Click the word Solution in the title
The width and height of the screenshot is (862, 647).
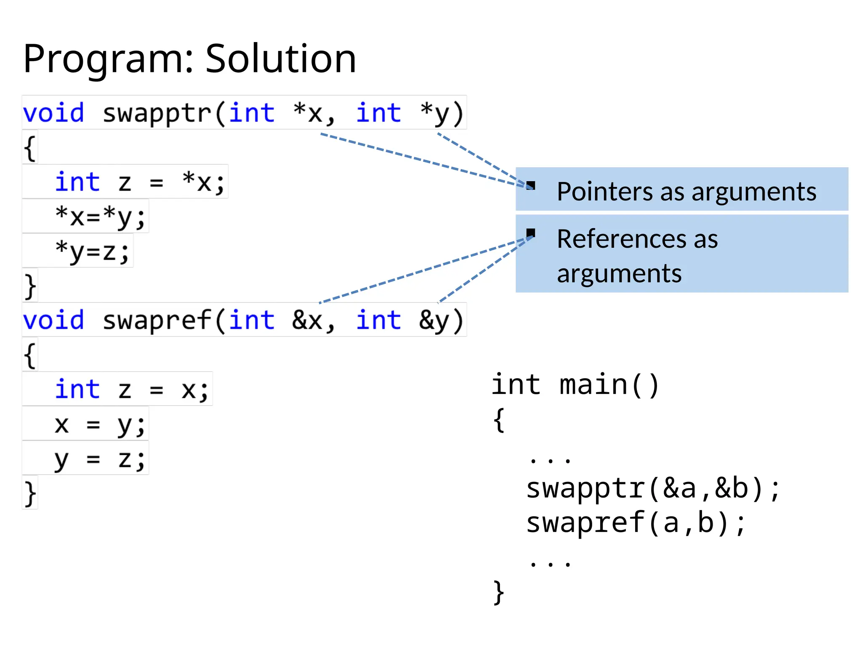click(281, 59)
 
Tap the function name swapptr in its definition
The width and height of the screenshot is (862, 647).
click(157, 113)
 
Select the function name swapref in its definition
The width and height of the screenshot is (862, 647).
click(157, 321)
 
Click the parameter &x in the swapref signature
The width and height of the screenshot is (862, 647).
click(307, 321)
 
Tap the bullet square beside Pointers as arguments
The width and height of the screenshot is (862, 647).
click(531, 185)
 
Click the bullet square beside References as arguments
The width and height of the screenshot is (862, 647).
click(531, 233)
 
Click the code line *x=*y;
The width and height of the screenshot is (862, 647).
click(100, 217)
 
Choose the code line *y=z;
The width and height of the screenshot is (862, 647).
click(93, 251)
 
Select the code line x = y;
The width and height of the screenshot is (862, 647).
click(100, 425)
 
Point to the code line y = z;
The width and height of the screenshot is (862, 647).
click(100, 459)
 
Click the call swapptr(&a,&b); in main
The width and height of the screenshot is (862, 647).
click(653, 489)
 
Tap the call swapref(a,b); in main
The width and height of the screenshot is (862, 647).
click(636, 523)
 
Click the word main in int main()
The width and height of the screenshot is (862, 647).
click(593, 385)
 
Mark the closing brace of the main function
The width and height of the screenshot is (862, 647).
click(498, 592)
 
